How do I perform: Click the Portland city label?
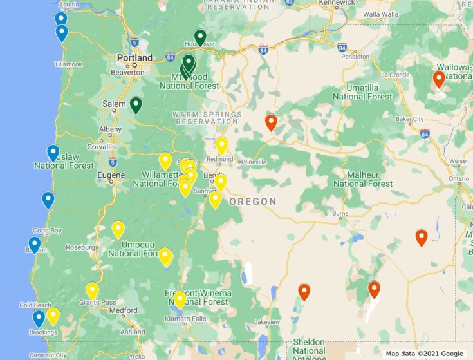(x=134, y=58)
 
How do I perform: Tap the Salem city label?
(x=114, y=103)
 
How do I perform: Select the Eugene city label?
(x=111, y=175)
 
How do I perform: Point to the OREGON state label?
(x=253, y=202)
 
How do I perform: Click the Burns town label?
(x=340, y=213)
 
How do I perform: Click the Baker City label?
(x=409, y=119)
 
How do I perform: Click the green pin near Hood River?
(x=200, y=38)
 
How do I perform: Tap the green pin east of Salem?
(x=136, y=104)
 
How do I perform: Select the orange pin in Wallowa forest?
(x=439, y=79)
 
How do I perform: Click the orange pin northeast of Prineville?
(x=271, y=122)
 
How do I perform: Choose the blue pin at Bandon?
(x=35, y=245)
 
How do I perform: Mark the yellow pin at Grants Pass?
(x=93, y=290)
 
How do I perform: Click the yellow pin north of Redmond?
(x=222, y=145)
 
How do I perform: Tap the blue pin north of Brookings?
(x=39, y=317)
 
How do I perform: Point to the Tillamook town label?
(x=69, y=64)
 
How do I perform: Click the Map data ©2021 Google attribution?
(x=425, y=354)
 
